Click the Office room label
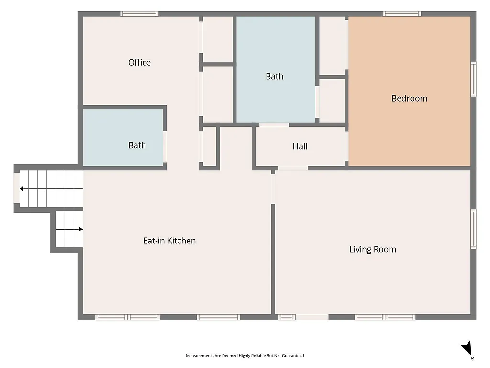point(139,62)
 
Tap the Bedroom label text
point(409,98)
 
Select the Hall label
point(300,146)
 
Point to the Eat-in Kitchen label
point(169,241)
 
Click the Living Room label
point(372,249)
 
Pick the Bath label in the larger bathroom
point(274,76)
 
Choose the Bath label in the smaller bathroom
point(137,145)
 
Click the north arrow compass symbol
point(467,349)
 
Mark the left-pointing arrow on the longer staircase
point(22,189)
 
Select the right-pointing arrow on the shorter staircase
point(80,229)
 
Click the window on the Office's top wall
point(139,14)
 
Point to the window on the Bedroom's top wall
point(402,14)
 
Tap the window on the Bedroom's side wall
point(474,79)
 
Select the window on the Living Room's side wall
point(474,229)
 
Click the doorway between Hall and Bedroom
point(346,146)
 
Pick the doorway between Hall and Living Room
point(292,168)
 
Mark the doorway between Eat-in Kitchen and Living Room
point(273,187)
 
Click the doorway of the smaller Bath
point(165,147)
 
